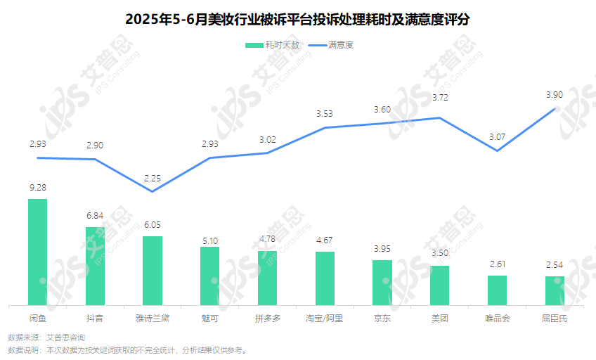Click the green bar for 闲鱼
click(x=37, y=252)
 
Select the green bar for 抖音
click(x=95, y=266)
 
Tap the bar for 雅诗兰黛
click(x=153, y=271)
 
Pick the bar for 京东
click(x=382, y=283)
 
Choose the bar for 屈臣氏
click(x=555, y=290)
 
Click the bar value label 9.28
click(x=37, y=188)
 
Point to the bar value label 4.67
click(x=325, y=240)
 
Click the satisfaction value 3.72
click(x=440, y=98)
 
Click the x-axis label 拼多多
click(x=267, y=318)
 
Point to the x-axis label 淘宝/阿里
click(x=325, y=318)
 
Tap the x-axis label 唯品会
click(x=497, y=318)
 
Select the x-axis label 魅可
click(x=209, y=318)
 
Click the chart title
click(x=297, y=20)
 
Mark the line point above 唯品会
click(x=497, y=150)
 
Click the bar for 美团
click(x=440, y=285)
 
